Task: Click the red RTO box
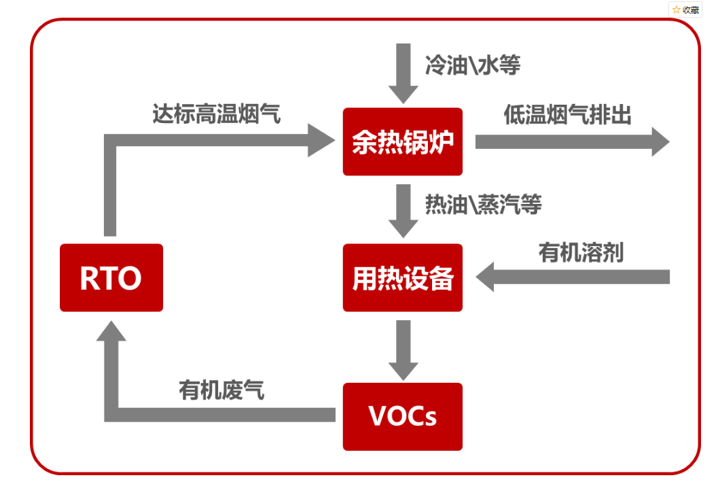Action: click(111, 277)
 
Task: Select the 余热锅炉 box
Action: click(402, 141)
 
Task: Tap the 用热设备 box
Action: click(402, 277)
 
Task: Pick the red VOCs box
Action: click(402, 416)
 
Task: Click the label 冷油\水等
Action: click(473, 66)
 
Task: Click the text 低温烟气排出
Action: click(567, 116)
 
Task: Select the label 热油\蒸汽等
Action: click(483, 204)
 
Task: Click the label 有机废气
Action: click(221, 390)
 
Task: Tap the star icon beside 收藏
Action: click(677, 10)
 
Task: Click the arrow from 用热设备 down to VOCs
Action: click(403, 349)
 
